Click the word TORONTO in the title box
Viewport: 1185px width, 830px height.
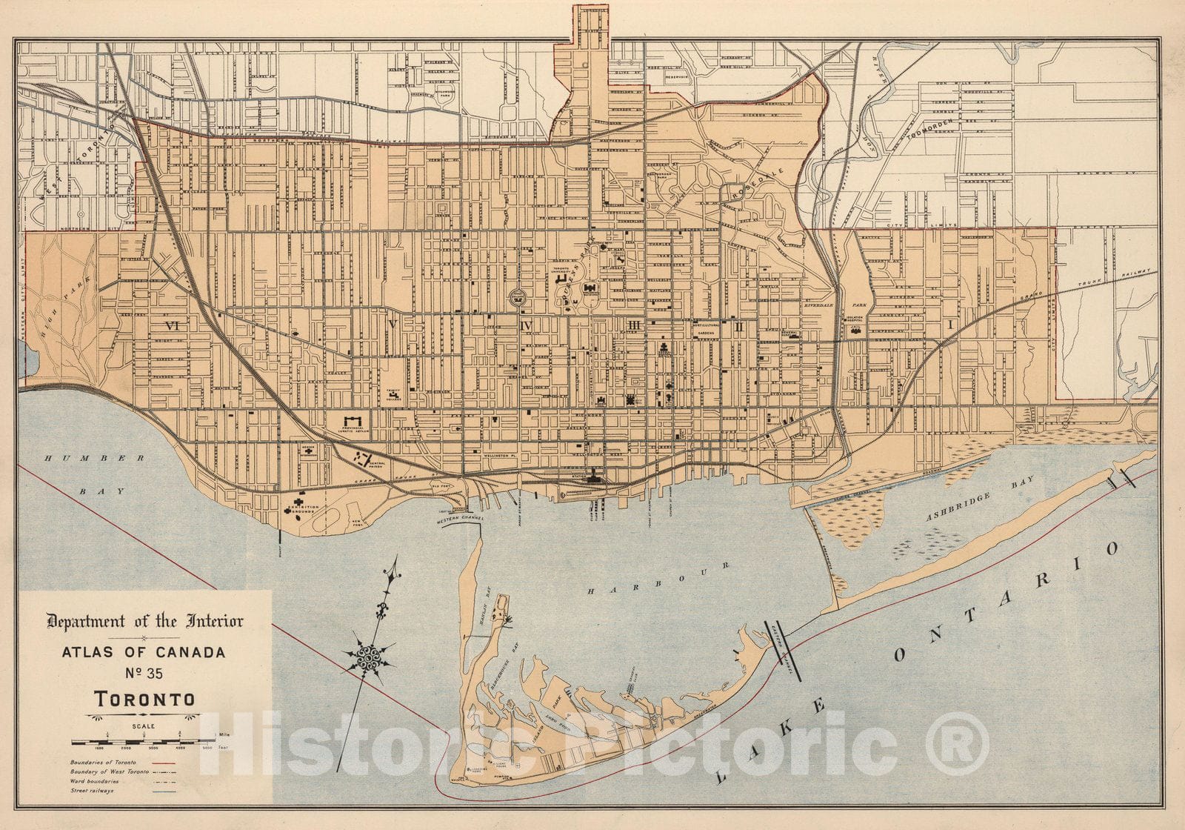(x=144, y=699)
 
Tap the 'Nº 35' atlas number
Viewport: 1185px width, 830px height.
(x=144, y=674)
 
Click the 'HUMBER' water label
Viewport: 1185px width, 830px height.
(x=67, y=459)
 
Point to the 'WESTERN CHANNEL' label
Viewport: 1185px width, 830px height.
(x=460, y=519)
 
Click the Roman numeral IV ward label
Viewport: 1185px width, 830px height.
(x=527, y=325)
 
